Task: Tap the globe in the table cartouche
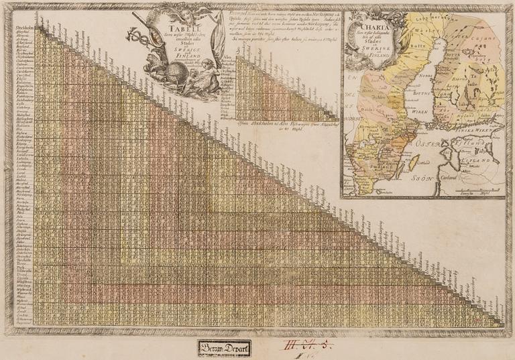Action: pyautogui.click(x=158, y=81)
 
